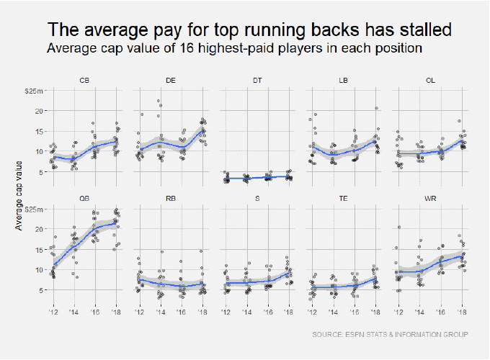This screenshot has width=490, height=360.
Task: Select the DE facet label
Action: tap(171, 81)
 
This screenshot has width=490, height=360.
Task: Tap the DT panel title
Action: tap(257, 81)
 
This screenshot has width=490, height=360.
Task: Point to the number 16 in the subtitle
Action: tap(179, 49)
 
